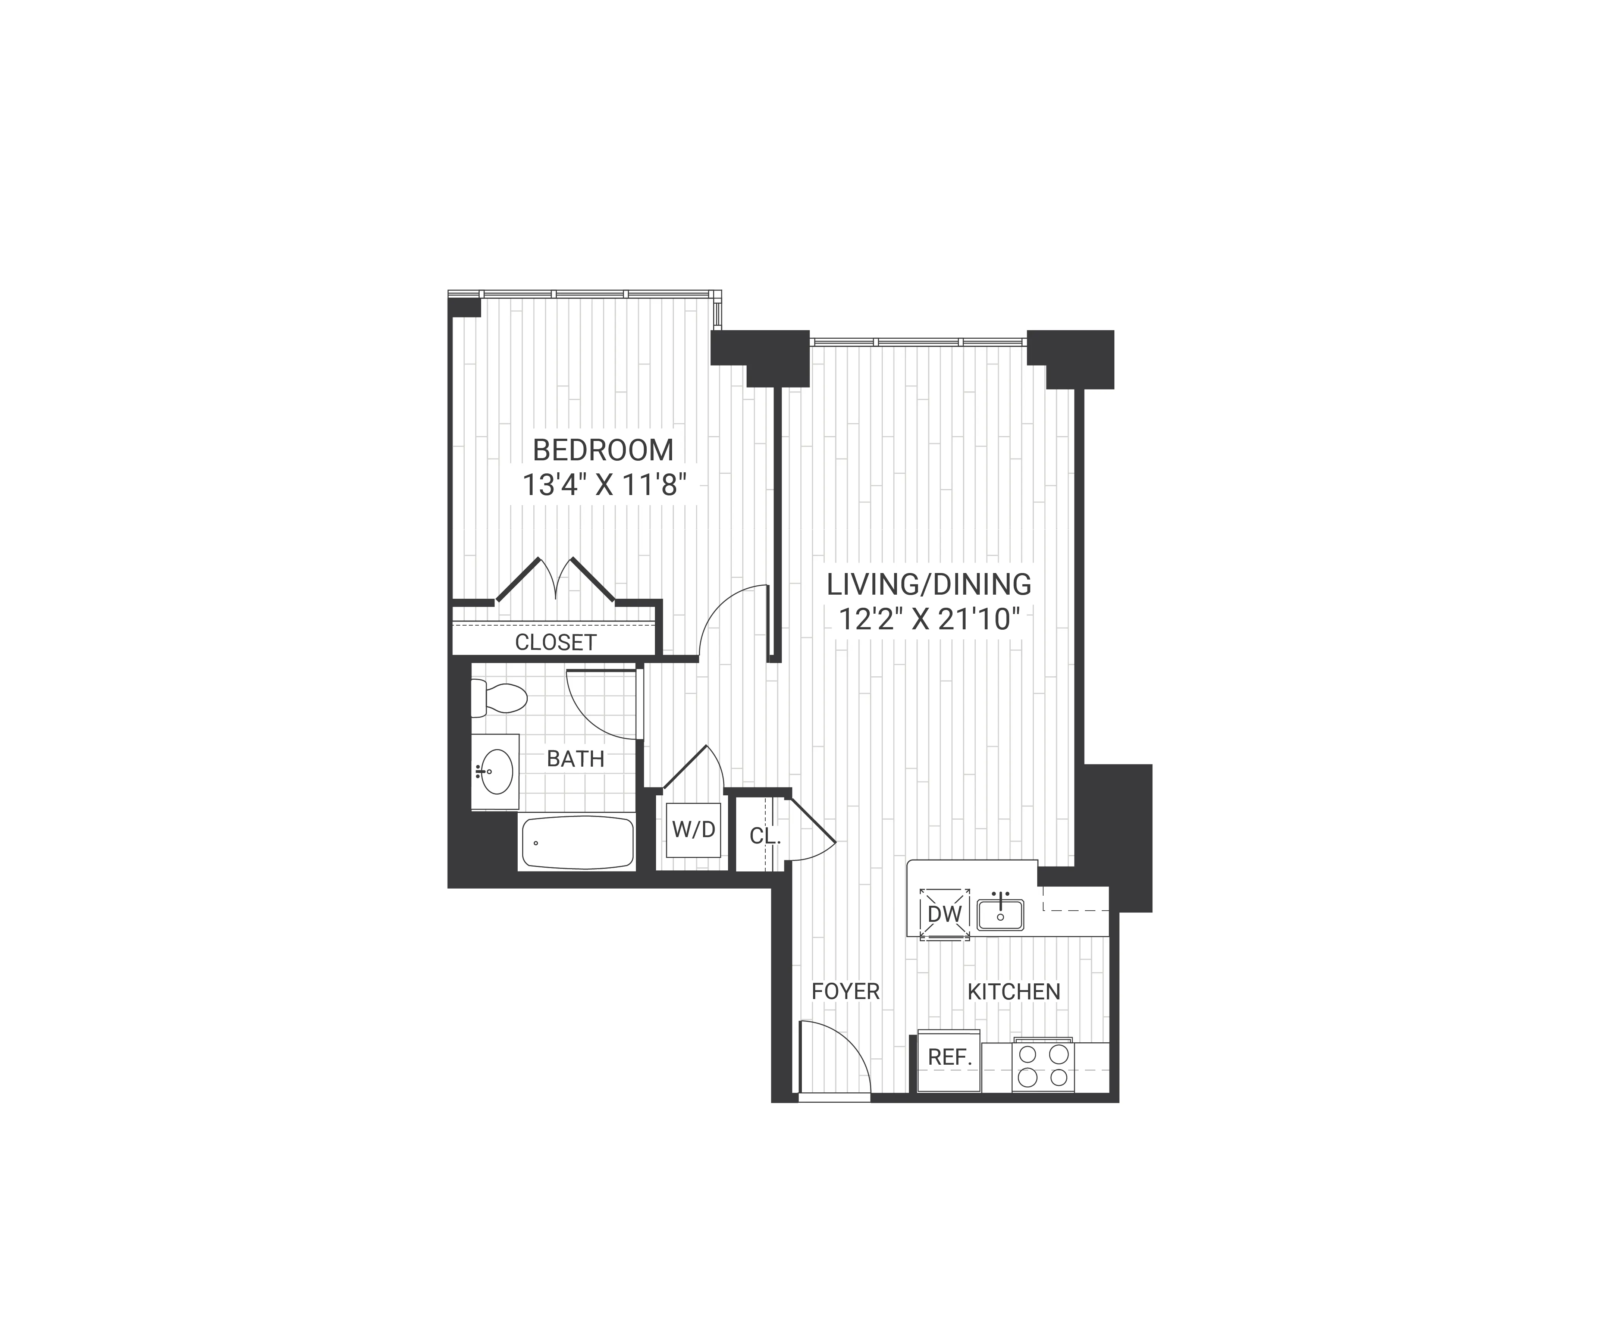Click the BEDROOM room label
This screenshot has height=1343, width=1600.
coord(603,450)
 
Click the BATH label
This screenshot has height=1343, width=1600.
coord(575,759)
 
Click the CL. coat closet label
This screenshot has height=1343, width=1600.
coord(765,836)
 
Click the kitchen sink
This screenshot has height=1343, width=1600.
coord(1000,915)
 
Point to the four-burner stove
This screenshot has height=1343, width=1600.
coord(1043,1065)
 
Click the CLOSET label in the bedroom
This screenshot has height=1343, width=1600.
coord(555,642)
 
